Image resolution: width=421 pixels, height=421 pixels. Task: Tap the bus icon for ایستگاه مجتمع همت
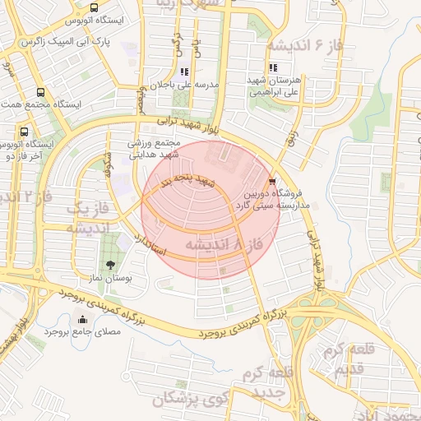[x=41, y=93]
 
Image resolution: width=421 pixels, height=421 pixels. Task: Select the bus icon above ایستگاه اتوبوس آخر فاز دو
[x=23, y=132]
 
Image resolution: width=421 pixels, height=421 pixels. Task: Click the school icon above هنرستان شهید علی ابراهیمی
[x=273, y=68]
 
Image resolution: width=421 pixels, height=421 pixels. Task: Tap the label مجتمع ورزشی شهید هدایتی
[x=153, y=148]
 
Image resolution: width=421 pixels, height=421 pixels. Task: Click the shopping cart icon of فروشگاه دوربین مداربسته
[x=272, y=181]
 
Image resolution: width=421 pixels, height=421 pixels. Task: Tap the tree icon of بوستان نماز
[x=109, y=265]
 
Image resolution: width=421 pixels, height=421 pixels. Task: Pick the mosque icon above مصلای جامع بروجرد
[x=81, y=320]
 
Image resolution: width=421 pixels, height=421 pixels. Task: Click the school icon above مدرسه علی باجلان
[x=184, y=72]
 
